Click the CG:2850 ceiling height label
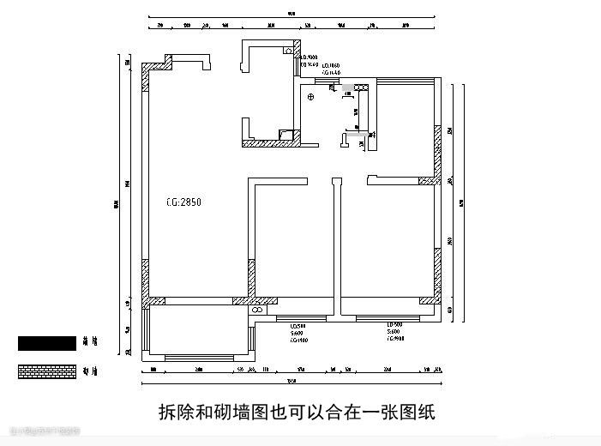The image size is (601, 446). pyautogui.click(x=183, y=202)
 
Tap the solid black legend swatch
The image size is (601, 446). pyautogui.click(x=47, y=343)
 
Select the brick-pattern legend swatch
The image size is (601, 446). pyautogui.click(x=47, y=371)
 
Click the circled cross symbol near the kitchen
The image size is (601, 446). pyautogui.click(x=311, y=96)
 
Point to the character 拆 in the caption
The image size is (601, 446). pyautogui.click(x=169, y=413)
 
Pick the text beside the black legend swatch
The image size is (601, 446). pyautogui.click(x=88, y=343)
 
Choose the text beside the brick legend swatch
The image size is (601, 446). pyautogui.click(x=88, y=371)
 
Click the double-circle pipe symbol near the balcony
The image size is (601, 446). pyautogui.click(x=255, y=311)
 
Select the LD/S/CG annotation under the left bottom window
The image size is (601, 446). pyautogui.click(x=298, y=333)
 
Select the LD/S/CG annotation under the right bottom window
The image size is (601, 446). pyautogui.click(x=394, y=333)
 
